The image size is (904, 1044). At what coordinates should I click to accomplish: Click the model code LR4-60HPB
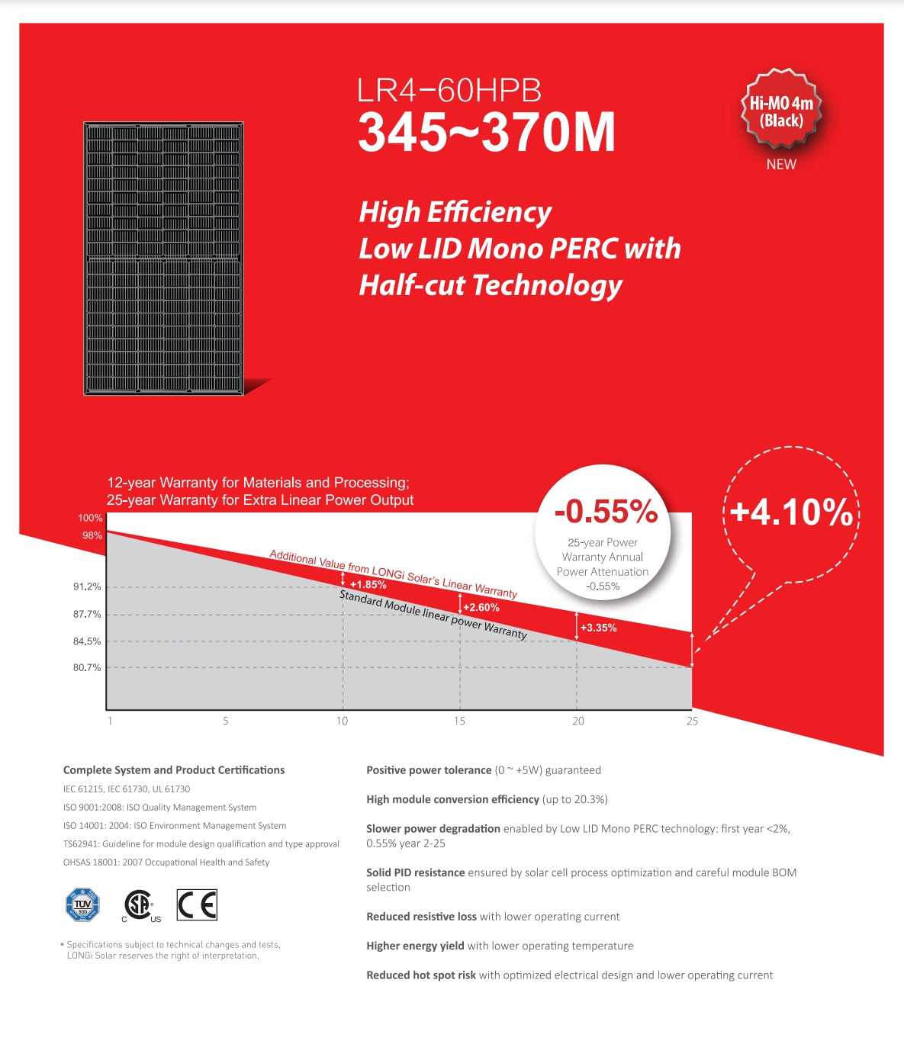coord(449,91)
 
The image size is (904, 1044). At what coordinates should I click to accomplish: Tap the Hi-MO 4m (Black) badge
coord(781,109)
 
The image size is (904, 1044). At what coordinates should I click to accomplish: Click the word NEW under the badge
coord(781,164)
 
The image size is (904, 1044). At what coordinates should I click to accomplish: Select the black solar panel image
coord(163,259)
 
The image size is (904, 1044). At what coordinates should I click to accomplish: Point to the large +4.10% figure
coord(791,512)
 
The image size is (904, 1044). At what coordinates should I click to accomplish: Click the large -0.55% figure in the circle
coord(606,512)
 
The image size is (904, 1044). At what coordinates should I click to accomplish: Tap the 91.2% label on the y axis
coord(87,586)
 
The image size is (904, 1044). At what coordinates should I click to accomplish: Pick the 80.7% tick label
coord(87,667)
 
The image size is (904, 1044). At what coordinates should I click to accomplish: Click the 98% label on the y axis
coord(92,535)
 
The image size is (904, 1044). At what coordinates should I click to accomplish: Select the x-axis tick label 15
coord(459,721)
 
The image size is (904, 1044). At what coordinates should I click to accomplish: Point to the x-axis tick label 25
coord(692,721)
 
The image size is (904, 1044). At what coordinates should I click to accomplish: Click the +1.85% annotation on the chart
coord(368,585)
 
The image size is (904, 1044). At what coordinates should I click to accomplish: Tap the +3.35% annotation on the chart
coord(598,628)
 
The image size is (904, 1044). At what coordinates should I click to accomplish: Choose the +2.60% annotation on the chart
coord(481,608)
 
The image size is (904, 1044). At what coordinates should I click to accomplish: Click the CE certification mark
coord(197,904)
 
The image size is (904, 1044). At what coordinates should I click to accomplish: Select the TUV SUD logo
coord(82,905)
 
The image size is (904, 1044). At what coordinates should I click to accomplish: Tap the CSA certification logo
coord(139,905)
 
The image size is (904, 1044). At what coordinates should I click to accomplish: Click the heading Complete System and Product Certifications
coord(174,770)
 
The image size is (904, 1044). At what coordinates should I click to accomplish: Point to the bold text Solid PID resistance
coord(415,872)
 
